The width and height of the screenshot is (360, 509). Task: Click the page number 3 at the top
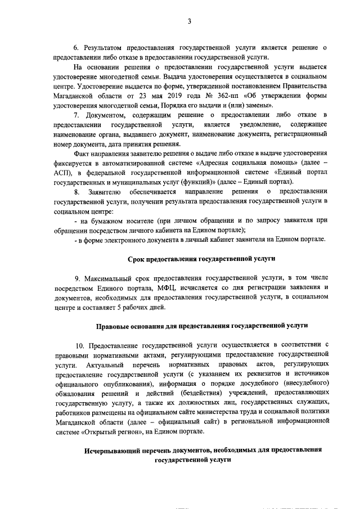point(190,21)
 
